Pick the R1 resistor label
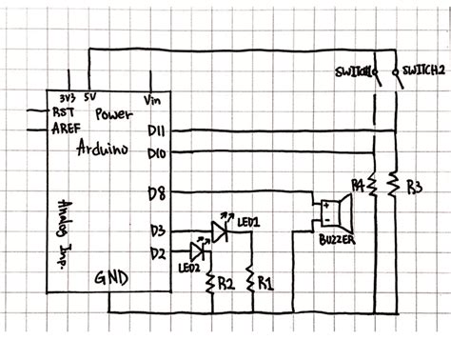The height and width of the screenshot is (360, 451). coord(265,283)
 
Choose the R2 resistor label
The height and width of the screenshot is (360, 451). coord(225,283)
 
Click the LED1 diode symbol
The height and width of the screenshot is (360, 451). coord(220,230)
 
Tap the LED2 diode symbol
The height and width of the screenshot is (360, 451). coord(199,251)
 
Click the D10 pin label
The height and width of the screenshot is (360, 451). coord(158,151)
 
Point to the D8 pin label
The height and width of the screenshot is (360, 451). coord(157,195)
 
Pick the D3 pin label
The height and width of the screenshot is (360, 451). coord(157,230)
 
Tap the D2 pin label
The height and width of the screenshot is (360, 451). coord(157,252)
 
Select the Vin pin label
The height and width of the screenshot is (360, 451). coord(152,99)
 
